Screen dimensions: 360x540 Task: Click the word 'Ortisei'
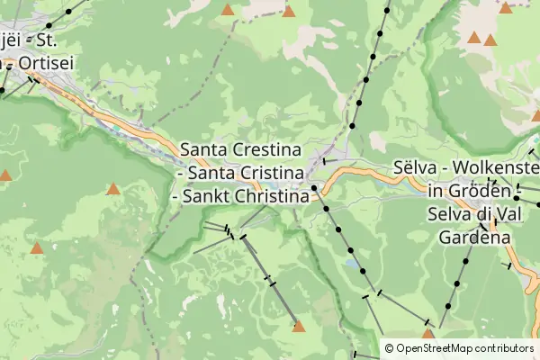click(40, 63)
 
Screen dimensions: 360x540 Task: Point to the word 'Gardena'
click(475, 238)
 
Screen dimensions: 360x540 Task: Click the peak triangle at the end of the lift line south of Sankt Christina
click(298, 327)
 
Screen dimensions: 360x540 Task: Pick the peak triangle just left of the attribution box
click(427, 334)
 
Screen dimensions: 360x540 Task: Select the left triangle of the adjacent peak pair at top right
click(473, 38)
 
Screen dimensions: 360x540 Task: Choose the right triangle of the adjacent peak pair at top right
click(490, 40)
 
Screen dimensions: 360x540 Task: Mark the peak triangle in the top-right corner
click(506, 8)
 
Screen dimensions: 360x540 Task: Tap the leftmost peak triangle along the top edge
click(228, 10)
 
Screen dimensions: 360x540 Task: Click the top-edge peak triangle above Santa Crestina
click(288, 11)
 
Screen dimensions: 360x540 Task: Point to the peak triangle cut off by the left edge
click(4, 175)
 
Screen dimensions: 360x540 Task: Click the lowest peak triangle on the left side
click(37, 247)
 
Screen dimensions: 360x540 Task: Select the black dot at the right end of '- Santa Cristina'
click(314, 187)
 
